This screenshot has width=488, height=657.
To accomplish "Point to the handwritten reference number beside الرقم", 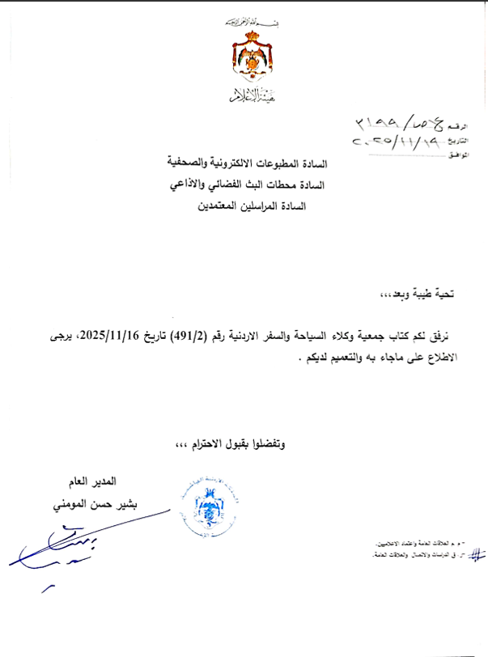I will click(x=399, y=122).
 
